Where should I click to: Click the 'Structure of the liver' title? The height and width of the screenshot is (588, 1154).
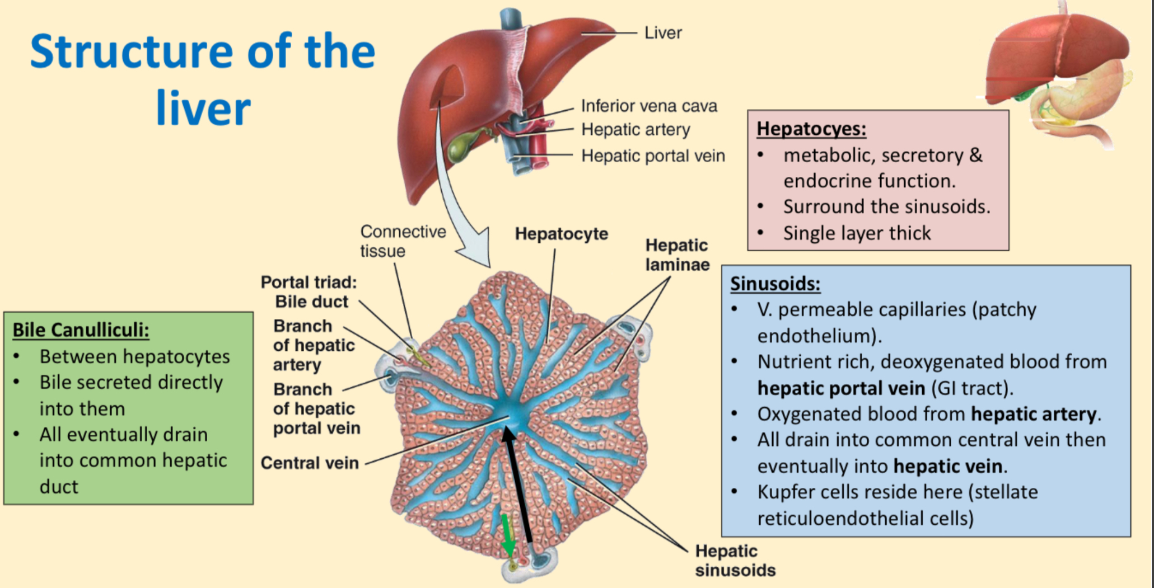point(203,79)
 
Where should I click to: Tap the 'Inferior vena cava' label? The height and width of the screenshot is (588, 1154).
point(649,106)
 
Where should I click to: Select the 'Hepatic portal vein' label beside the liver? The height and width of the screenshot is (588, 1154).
point(653,156)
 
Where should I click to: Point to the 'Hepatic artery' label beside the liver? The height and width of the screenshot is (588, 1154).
point(636,130)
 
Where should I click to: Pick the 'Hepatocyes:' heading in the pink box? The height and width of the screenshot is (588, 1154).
point(811,129)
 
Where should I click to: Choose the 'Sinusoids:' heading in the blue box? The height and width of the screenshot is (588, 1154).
point(775,284)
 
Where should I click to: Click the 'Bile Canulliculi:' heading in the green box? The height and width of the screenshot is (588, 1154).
point(81,330)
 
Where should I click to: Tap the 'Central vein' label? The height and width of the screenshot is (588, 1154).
point(310,463)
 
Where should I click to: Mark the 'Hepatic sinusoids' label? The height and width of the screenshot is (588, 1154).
point(735,561)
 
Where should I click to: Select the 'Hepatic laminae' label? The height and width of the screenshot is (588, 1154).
point(677,255)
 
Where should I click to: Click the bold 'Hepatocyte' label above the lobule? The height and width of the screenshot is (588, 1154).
point(562,234)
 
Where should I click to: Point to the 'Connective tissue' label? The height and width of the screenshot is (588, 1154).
point(403,241)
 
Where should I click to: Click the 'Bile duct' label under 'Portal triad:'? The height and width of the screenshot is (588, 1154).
point(311,302)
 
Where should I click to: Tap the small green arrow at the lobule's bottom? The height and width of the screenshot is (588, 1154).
point(508,535)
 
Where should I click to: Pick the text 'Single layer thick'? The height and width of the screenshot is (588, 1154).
point(857,233)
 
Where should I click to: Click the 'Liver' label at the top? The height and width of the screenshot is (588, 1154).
point(663,33)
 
